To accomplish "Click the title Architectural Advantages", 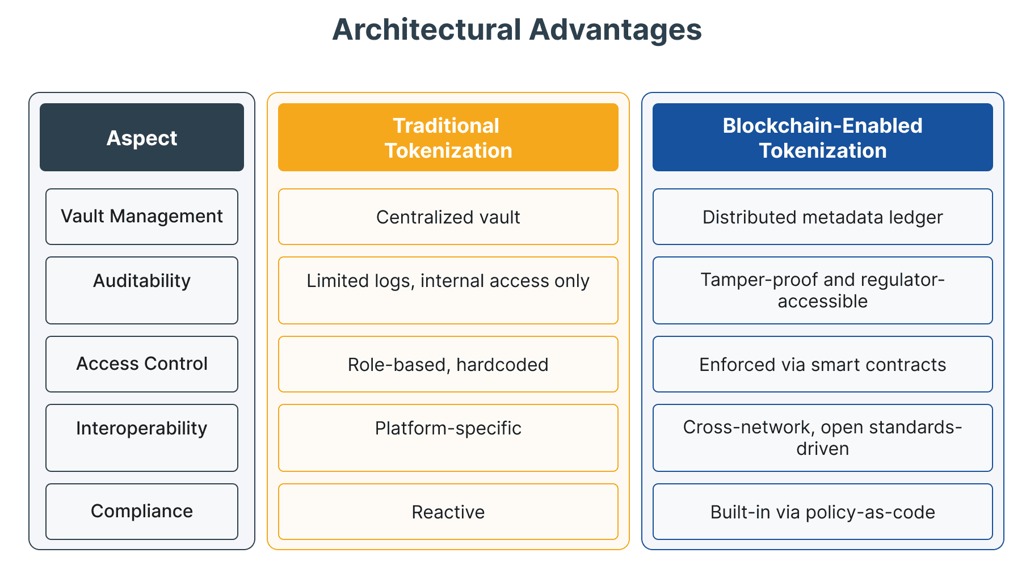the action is point(517,30).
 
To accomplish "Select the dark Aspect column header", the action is point(142,137).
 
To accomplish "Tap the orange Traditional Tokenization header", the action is point(448,137).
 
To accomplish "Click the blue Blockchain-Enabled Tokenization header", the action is point(823,137).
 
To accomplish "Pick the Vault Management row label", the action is point(142,217).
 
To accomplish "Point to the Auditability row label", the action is point(142,290).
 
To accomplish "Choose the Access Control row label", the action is point(142,364).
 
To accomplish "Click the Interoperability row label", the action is point(142,438).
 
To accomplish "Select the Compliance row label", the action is point(142,512).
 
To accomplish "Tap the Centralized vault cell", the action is point(448,217).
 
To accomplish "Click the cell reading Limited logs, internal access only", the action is point(448,290).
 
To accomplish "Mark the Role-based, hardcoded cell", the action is point(448,364).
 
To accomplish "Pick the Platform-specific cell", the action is point(448,438).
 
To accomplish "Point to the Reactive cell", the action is point(448,512).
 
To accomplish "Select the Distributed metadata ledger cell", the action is point(823,217).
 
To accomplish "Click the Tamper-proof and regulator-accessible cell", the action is point(823,290).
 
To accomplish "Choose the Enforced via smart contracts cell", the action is point(823,364).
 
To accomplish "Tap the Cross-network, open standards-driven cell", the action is point(823,438).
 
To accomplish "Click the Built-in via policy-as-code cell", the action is point(823,512).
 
